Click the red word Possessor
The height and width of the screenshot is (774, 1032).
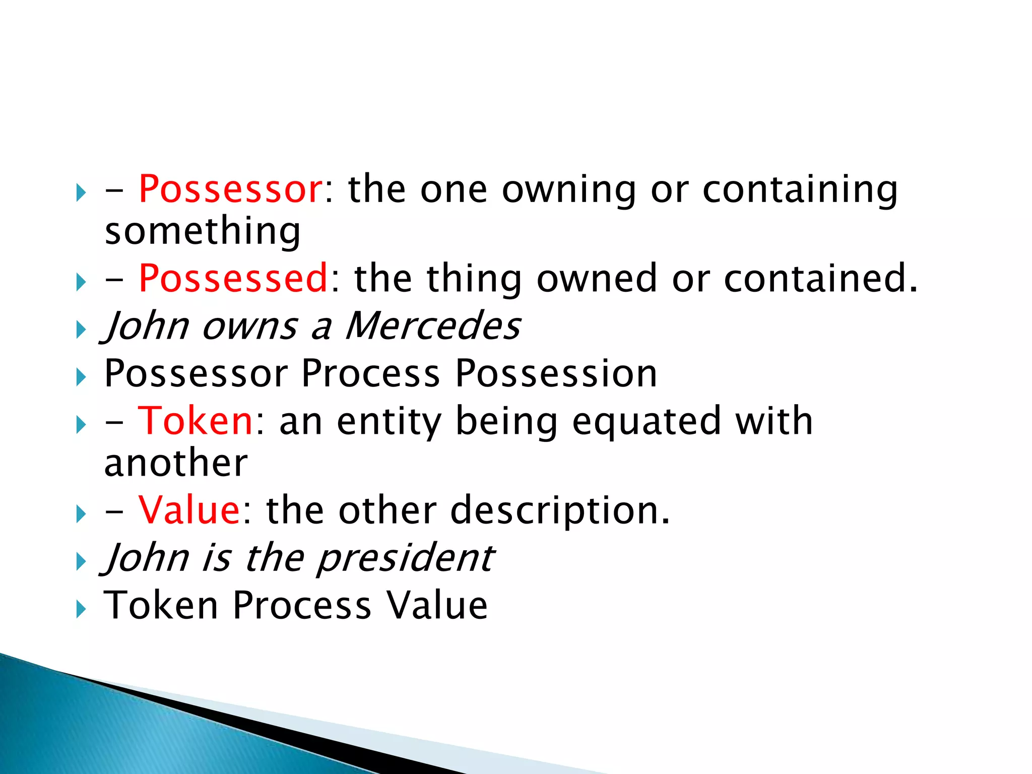pos(230,189)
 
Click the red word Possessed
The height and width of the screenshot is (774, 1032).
pos(233,278)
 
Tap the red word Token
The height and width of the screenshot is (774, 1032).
pos(195,421)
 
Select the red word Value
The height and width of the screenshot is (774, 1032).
pos(189,510)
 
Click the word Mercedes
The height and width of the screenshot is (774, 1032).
pos(433,326)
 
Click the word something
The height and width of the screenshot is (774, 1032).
pos(203,231)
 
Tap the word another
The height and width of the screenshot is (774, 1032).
pos(176,463)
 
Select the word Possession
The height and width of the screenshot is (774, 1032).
pos(556,373)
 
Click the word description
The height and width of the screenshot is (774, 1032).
pos(560,510)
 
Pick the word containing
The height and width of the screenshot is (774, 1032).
pos(800,189)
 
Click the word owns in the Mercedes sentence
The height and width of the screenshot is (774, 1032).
pos(249,326)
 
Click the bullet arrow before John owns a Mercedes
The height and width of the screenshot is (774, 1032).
pos(81,331)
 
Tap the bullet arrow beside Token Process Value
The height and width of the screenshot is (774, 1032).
pos(81,610)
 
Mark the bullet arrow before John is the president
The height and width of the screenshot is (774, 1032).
pos(81,562)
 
